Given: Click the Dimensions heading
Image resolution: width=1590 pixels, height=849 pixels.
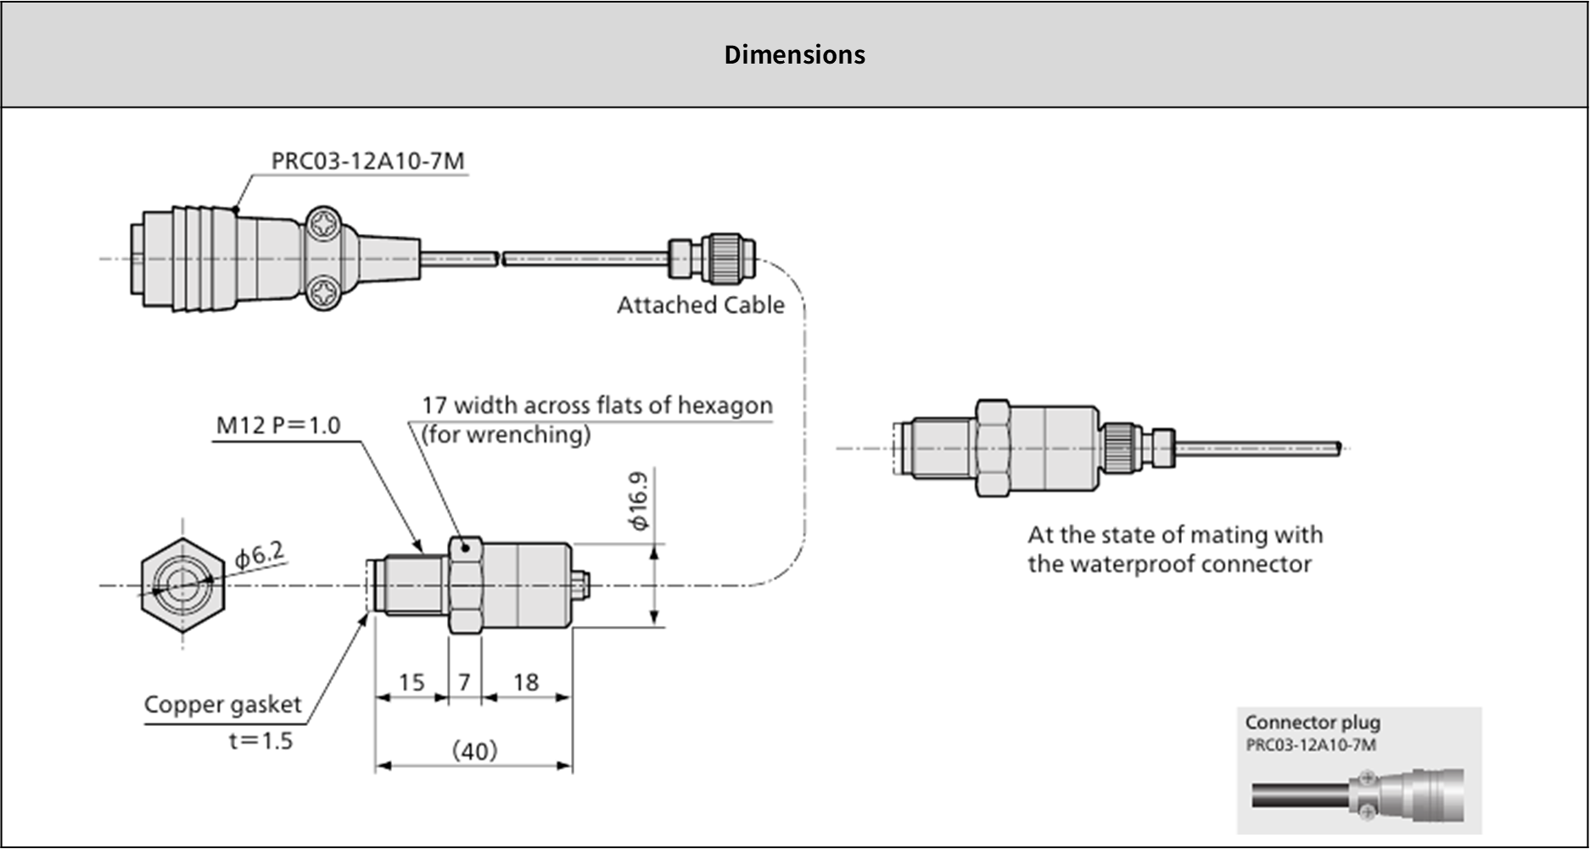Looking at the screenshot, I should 794,54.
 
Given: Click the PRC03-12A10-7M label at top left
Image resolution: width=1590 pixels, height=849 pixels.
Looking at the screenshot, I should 367,160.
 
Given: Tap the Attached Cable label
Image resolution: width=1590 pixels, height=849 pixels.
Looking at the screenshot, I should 700,305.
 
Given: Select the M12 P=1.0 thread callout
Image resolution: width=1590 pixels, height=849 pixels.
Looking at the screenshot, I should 278,425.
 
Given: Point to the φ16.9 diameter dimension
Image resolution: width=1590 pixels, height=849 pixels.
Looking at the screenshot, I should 639,501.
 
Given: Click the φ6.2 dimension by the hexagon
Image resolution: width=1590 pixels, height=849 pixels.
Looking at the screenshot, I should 260,556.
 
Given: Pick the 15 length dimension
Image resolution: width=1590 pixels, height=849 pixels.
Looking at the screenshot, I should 411,683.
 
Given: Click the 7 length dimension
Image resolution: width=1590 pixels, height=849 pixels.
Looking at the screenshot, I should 464,683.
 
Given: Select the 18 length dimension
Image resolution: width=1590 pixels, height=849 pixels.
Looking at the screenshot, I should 526,683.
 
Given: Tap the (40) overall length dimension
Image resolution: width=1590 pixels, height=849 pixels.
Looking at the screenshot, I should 474,751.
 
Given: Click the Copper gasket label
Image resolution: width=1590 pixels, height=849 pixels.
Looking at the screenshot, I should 222,705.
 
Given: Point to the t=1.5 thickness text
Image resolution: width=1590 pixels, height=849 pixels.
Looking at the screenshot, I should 260,741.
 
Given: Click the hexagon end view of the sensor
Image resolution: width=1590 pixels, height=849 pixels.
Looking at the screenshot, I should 182,585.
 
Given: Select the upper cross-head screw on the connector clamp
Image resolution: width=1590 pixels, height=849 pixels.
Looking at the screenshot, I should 323,226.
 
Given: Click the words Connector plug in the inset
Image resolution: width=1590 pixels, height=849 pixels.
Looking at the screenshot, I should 1313,723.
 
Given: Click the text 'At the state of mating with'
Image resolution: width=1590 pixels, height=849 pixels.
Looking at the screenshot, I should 1175,535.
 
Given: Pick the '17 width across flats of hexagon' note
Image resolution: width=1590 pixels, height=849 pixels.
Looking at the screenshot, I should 597,405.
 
